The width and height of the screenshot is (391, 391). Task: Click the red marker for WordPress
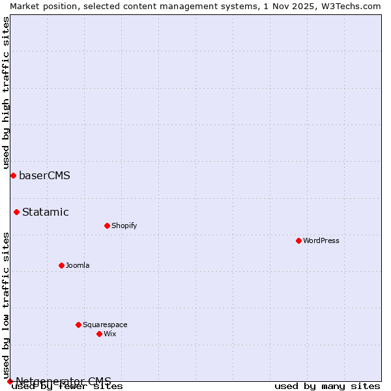[298, 240]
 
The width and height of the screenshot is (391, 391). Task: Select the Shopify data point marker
[107, 225]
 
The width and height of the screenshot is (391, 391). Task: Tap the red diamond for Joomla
[61, 265]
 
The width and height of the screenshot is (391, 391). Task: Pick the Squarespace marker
[78, 325]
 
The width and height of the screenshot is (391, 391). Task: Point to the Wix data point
[99, 334]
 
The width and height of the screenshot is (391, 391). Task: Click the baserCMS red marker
[13, 175]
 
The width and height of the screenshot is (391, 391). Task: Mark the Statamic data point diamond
[16, 212]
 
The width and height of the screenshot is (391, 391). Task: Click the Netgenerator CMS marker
[10, 381]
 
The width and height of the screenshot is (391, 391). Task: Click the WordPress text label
[321, 240]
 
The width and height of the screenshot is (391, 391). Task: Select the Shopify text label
[124, 225]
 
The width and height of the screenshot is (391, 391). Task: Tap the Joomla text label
[78, 265]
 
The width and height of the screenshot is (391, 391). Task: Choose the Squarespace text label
[105, 325]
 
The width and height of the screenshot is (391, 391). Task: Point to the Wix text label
[109, 334]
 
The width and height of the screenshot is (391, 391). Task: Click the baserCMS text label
[44, 175]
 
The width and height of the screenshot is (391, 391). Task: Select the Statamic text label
[46, 212]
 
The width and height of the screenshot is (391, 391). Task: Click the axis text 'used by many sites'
[327, 386]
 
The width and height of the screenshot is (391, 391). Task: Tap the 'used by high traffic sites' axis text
[6, 93]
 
